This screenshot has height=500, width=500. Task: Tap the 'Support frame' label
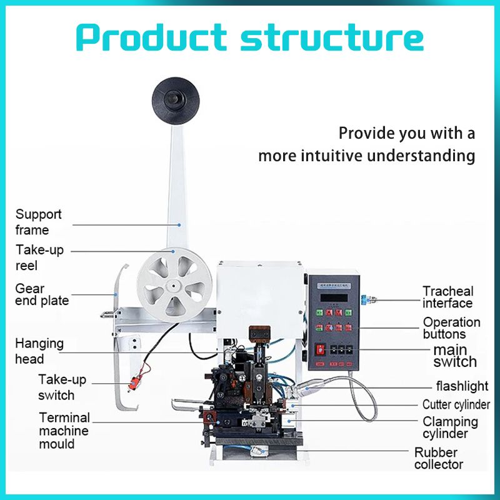click(39, 222)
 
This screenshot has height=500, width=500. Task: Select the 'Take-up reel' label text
click(39, 257)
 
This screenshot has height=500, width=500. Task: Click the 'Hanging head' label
click(39, 351)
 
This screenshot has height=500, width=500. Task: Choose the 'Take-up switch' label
click(62, 387)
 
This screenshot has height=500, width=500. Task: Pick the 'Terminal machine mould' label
click(64, 431)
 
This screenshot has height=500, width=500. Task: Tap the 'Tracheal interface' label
click(447, 297)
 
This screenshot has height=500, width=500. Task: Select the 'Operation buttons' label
click(451, 328)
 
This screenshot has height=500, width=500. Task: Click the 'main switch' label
click(454, 356)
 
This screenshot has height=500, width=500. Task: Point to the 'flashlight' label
click(462, 386)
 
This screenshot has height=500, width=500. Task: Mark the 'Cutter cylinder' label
click(456, 405)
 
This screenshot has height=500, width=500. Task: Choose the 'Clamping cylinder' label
click(450, 427)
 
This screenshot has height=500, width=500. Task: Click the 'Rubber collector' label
click(438, 458)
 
